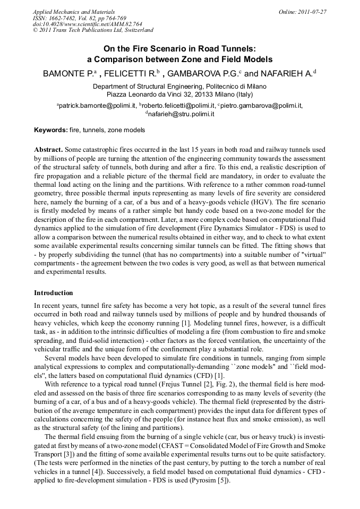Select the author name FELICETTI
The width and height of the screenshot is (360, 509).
[x=128, y=74]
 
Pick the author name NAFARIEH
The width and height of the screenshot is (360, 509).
[x=287, y=74]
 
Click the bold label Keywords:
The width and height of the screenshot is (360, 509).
[x=50, y=130]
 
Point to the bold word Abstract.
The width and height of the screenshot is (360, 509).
[x=49, y=150]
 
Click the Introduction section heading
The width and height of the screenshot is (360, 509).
[x=54, y=293]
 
